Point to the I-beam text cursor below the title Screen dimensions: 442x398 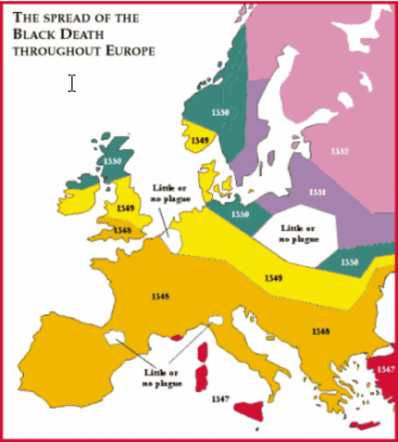click(72, 83)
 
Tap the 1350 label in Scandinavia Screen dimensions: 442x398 click(219, 111)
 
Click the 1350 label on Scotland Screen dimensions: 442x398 click(112, 161)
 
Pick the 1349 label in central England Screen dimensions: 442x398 click(127, 209)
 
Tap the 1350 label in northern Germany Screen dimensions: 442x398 click(240, 214)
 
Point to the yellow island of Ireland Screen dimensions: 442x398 click(86, 196)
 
